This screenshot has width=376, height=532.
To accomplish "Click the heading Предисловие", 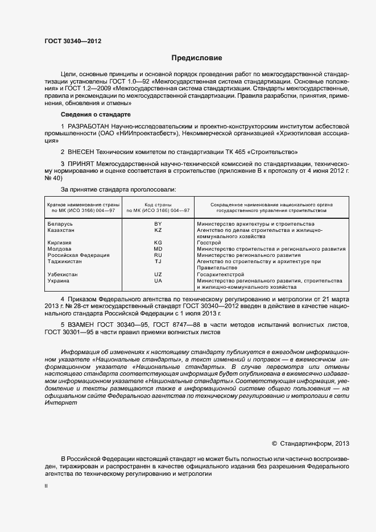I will (197, 58).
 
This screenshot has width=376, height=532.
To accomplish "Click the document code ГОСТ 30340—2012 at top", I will (73, 41).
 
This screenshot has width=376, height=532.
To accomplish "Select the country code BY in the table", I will (158, 224).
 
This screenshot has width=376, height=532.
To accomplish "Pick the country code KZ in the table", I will (158, 230).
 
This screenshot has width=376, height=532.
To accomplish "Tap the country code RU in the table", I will (158, 255).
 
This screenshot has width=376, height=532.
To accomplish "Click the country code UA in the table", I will (158, 281).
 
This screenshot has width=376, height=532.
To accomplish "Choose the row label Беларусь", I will (60, 224).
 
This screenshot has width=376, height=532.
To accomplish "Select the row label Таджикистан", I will (65, 261).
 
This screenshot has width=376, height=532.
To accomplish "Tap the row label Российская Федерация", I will (75, 255).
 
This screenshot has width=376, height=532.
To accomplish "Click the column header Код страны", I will (158, 204).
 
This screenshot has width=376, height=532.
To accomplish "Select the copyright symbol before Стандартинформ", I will (275, 443).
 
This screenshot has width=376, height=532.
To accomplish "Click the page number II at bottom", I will (46, 487).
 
